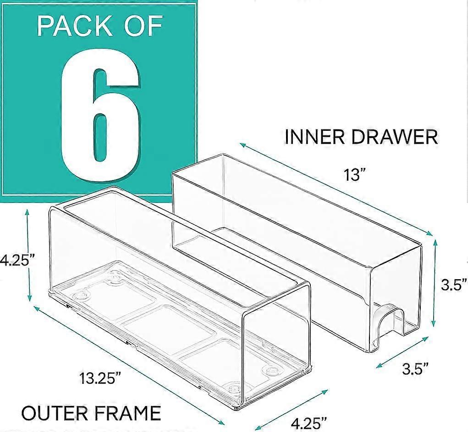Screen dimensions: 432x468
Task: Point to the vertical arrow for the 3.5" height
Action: click(x=433, y=287)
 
